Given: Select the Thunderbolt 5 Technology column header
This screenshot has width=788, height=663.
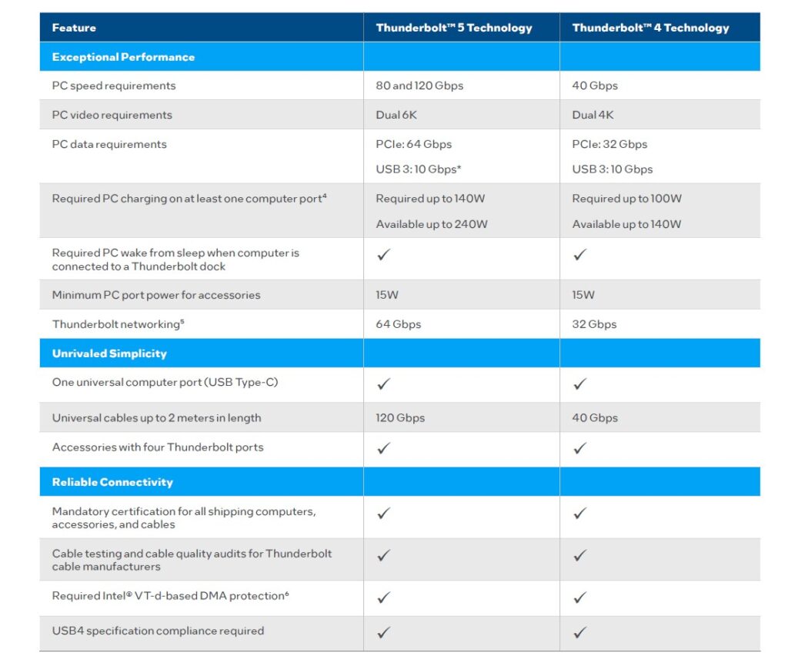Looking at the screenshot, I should click(454, 28).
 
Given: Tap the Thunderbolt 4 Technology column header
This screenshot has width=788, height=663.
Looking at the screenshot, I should click(650, 28).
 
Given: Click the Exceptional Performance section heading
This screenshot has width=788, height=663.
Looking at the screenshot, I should click(123, 57).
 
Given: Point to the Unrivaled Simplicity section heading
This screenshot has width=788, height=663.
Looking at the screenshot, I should click(109, 353).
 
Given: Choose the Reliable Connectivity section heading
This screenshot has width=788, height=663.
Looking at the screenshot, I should click(112, 482).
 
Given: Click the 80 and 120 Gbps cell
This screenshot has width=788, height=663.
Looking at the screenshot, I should click(419, 85).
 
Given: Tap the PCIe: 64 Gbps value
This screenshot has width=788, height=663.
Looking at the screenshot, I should click(414, 144).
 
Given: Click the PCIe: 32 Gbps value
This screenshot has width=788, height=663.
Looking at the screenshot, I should click(609, 144).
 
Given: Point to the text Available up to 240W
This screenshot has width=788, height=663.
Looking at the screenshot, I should click(432, 224).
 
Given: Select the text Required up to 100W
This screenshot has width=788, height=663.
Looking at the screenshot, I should click(626, 198).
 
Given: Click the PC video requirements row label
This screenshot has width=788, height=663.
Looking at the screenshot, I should click(112, 115).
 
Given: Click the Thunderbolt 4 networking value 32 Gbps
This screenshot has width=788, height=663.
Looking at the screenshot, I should click(594, 324).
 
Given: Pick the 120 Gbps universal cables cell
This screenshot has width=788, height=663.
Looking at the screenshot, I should click(400, 418).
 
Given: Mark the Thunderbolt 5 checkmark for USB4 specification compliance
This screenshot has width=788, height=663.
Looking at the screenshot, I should click(384, 632).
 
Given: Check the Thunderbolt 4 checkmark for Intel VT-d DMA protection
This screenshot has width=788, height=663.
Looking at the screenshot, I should click(580, 597).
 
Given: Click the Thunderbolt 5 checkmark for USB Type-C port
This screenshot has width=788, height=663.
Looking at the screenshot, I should click(384, 383).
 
